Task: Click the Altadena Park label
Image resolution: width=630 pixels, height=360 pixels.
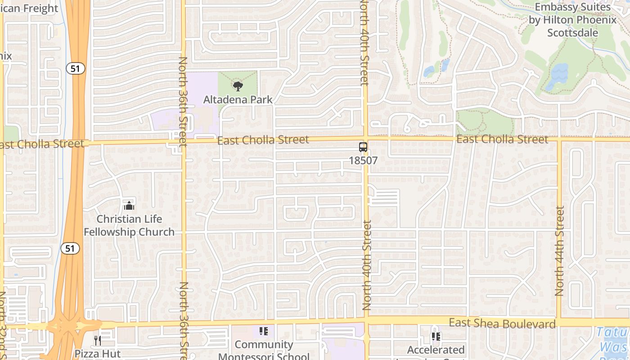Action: pos(238,99)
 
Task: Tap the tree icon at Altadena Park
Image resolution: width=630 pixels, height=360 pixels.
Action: pos(238,86)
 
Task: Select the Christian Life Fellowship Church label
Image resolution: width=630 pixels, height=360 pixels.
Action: pos(129,225)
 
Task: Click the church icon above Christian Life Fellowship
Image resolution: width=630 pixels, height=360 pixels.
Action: pos(129,206)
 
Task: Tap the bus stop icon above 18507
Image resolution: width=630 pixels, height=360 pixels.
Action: pos(363,147)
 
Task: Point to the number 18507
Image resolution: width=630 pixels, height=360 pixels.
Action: pos(363,160)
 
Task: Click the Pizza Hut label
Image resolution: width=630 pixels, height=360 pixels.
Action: pos(98,353)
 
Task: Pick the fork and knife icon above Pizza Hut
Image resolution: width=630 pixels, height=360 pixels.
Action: pos(97,340)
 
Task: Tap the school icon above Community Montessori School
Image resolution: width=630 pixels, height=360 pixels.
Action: pos(264,332)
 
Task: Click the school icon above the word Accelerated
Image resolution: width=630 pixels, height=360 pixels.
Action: pos(436,336)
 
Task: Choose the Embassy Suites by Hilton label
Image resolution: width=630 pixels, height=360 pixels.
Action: pos(572,20)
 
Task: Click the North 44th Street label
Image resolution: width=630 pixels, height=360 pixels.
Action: pos(559,251)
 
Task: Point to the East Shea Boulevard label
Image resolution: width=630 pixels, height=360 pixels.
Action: pos(502,323)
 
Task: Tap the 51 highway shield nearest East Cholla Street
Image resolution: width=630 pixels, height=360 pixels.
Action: pos(75,68)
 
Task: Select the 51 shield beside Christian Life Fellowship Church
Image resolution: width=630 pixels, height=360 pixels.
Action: pos(72,248)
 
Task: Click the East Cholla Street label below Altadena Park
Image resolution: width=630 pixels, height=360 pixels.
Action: pos(263,140)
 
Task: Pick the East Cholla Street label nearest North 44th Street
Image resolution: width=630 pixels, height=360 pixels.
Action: pos(502,139)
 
